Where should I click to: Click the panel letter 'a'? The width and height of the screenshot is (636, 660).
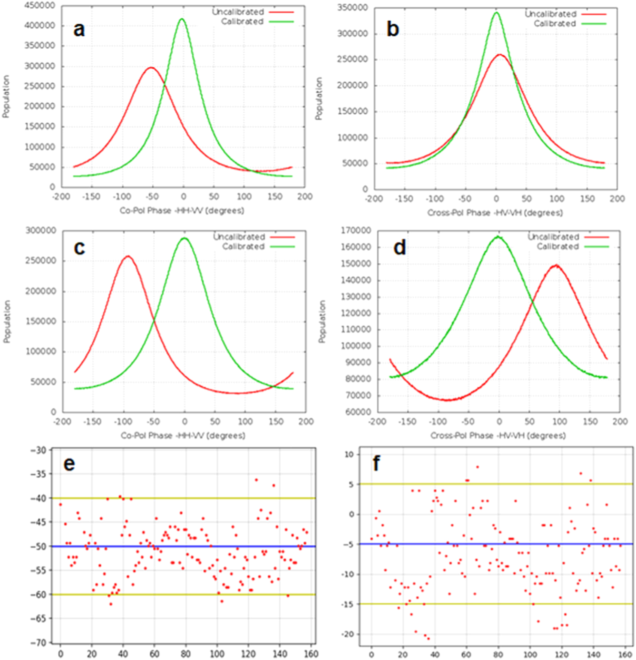[x=79, y=30]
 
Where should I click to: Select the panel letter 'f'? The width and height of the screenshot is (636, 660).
[x=376, y=463]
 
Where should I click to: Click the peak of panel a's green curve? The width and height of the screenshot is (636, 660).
[x=182, y=19]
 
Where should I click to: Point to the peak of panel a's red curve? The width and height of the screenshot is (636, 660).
[x=151, y=68]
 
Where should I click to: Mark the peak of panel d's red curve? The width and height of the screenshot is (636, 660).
[x=557, y=265]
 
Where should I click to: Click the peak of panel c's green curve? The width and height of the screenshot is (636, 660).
[x=185, y=238]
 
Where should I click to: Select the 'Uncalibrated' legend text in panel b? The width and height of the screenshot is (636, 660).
[x=551, y=14]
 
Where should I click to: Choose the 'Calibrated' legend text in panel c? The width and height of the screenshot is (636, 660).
[x=243, y=247]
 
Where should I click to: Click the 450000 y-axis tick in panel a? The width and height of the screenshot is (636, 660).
[x=39, y=6]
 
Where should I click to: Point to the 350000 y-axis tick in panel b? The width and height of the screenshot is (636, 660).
[x=353, y=8]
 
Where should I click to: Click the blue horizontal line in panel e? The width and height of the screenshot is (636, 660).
[x=186, y=547]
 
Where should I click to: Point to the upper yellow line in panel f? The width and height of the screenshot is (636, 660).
[x=498, y=484]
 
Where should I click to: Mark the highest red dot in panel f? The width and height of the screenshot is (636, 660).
[x=478, y=467]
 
